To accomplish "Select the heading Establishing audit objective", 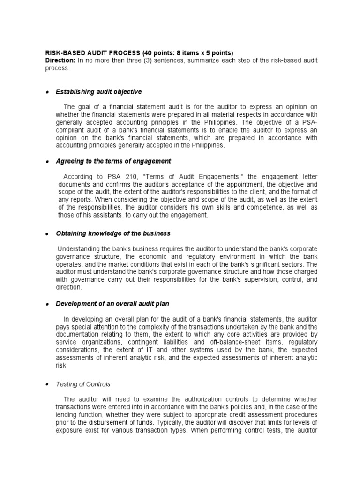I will (x=98, y=91).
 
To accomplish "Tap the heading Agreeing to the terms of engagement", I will (x=113, y=161).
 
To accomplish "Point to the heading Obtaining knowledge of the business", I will (x=113, y=233).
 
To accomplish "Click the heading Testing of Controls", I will (x=83, y=384).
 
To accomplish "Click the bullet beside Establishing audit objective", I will (x=47, y=92).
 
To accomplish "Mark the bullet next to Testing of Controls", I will (x=47, y=384).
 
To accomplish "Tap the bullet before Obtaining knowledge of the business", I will (x=47, y=233).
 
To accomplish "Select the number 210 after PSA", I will (x=118, y=177).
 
